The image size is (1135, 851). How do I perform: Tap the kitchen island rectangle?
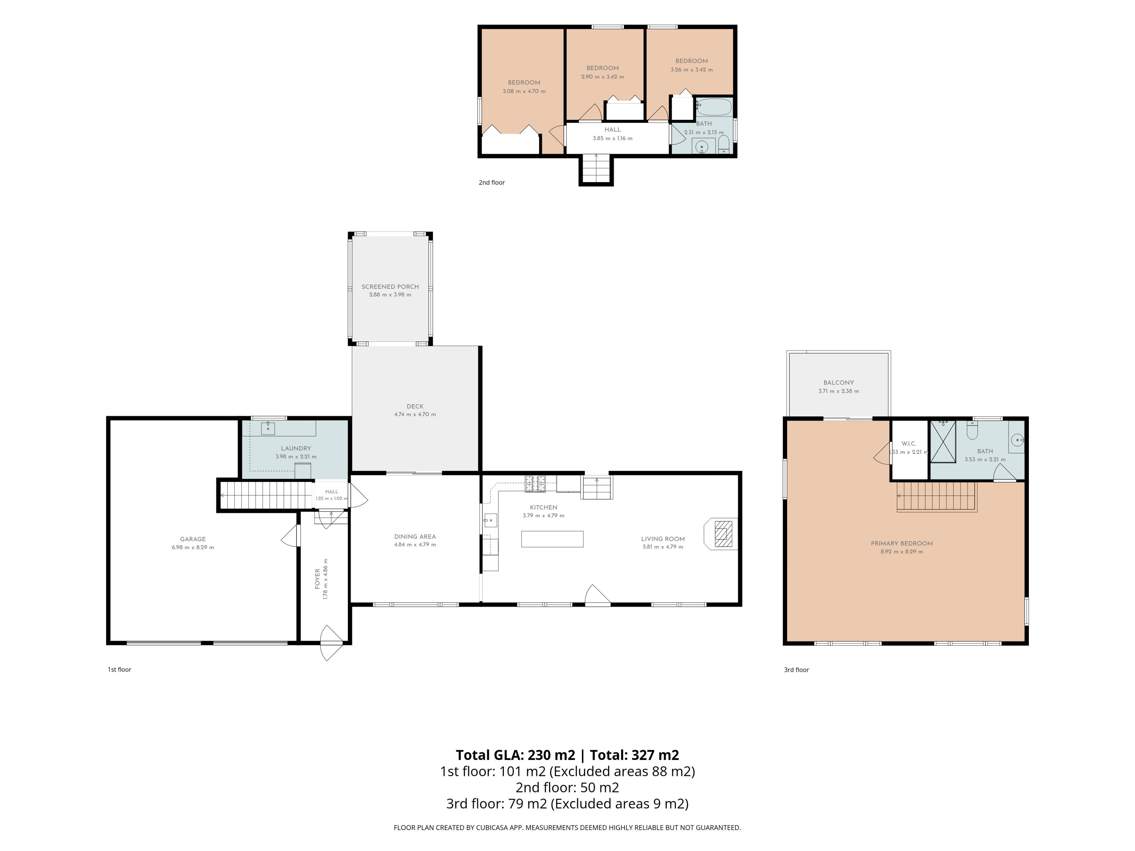click(x=552, y=539)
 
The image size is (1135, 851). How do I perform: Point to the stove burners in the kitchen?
click(x=535, y=481)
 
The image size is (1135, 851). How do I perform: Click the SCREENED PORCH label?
click(x=390, y=287)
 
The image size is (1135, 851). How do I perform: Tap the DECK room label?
click(x=415, y=406)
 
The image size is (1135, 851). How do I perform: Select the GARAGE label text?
click(x=193, y=539)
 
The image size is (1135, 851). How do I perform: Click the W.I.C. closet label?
click(x=909, y=444)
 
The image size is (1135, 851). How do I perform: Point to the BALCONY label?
click(x=839, y=383)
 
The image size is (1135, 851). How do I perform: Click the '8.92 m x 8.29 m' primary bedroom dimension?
click(x=901, y=552)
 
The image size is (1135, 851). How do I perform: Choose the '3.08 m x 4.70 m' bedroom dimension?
click(x=524, y=91)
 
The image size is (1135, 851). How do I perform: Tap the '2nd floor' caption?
click(x=492, y=183)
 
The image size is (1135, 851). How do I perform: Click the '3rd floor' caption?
click(x=796, y=670)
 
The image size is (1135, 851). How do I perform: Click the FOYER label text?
click(x=318, y=579)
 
